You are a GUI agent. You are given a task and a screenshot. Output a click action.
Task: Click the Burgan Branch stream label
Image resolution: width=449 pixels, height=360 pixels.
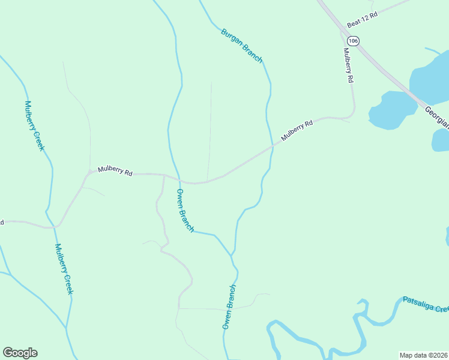click(242, 46)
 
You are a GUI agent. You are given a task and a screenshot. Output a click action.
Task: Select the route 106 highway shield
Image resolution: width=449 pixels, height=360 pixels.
click(353, 41)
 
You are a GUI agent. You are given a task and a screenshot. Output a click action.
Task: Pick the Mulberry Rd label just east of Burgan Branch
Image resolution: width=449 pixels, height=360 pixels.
click(297, 130)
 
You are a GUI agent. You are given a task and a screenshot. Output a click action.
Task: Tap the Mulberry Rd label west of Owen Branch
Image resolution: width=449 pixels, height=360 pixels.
click(115, 170)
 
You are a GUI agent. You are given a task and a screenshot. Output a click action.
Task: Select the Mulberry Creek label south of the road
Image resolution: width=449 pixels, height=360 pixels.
click(64, 268)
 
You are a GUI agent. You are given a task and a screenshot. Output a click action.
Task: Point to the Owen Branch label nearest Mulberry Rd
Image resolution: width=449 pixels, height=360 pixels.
click(185, 210)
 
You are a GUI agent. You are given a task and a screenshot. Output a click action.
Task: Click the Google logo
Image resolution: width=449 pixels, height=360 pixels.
click(20, 353)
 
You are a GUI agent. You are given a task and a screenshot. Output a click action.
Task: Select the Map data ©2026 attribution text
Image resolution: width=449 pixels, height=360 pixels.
click(423, 355)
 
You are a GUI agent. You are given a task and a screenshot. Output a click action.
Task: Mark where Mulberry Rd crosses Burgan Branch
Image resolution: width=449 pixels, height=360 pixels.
click(273, 145)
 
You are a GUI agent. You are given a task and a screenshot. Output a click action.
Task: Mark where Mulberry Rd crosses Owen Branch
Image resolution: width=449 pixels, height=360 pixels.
click(178, 178)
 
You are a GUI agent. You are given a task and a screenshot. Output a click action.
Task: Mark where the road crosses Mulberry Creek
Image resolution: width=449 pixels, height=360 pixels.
click(53, 227)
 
